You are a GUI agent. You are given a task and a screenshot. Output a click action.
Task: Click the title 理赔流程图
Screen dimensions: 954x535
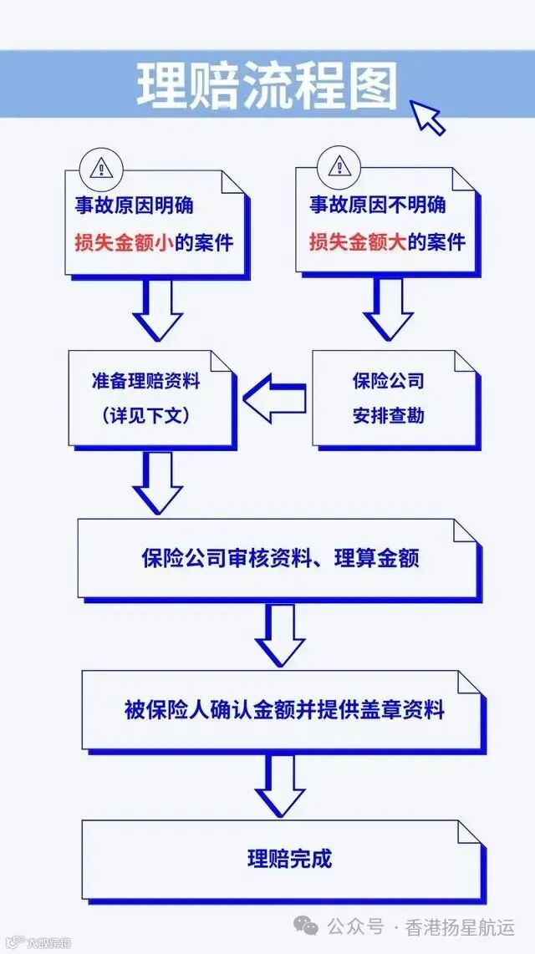click(267, 86)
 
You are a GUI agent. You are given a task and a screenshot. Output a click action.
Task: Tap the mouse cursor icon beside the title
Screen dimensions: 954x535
click(428, 116)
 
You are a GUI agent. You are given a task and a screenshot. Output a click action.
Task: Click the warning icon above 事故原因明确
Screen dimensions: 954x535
click(100, 167)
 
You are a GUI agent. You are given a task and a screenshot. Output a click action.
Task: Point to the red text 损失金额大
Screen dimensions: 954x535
click(352, 243)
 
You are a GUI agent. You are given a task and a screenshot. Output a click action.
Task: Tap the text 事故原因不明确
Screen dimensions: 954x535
click(378, 205)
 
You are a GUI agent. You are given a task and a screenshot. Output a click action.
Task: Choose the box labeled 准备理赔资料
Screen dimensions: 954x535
click(150, 396)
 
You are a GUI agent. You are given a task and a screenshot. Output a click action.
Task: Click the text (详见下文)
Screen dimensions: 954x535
click(146, 414)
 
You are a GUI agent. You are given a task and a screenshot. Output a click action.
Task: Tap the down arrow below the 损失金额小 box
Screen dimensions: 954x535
click(158, 308)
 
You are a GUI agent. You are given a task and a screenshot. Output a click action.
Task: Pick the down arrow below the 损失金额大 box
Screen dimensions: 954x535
click(387, 308)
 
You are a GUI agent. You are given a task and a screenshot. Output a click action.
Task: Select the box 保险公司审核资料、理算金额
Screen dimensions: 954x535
click(280, 558)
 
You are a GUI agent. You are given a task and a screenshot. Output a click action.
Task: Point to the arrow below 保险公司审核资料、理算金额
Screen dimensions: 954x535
click(280, 636)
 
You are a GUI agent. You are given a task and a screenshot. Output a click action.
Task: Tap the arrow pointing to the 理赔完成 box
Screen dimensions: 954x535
click(280, 785)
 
